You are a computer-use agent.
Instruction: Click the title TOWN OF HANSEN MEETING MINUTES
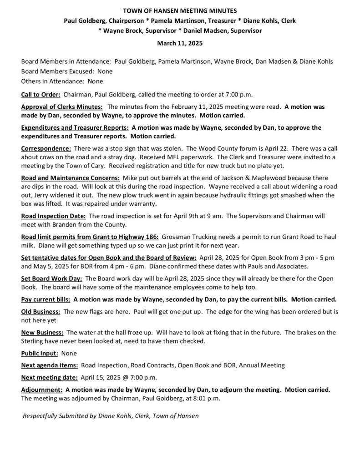click(180, 10)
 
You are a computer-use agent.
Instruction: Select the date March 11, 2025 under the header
click(180, 44)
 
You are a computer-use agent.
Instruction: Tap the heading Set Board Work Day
click(51, 278)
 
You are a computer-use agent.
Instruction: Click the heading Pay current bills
click(46, 299)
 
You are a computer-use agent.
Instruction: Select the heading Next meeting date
click(49, 377)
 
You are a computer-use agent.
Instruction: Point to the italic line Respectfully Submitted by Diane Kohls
click(111, 415)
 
